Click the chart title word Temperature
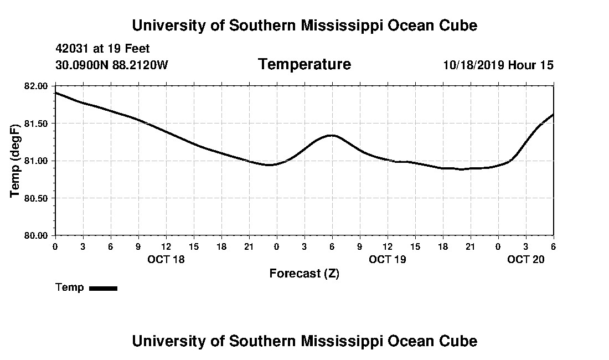[304, 64]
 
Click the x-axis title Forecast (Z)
[304, 274]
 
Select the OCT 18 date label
[166, 259]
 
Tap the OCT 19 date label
[388, 259]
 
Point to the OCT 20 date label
[526, 259]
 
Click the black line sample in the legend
[103, 288]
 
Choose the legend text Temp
[70, 287]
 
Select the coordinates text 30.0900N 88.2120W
[111, 65]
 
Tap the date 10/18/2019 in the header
[473, 65]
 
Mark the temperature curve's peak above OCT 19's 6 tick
[332, 135]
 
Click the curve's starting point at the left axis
[56, 92]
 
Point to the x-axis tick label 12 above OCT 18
[166, 246]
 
